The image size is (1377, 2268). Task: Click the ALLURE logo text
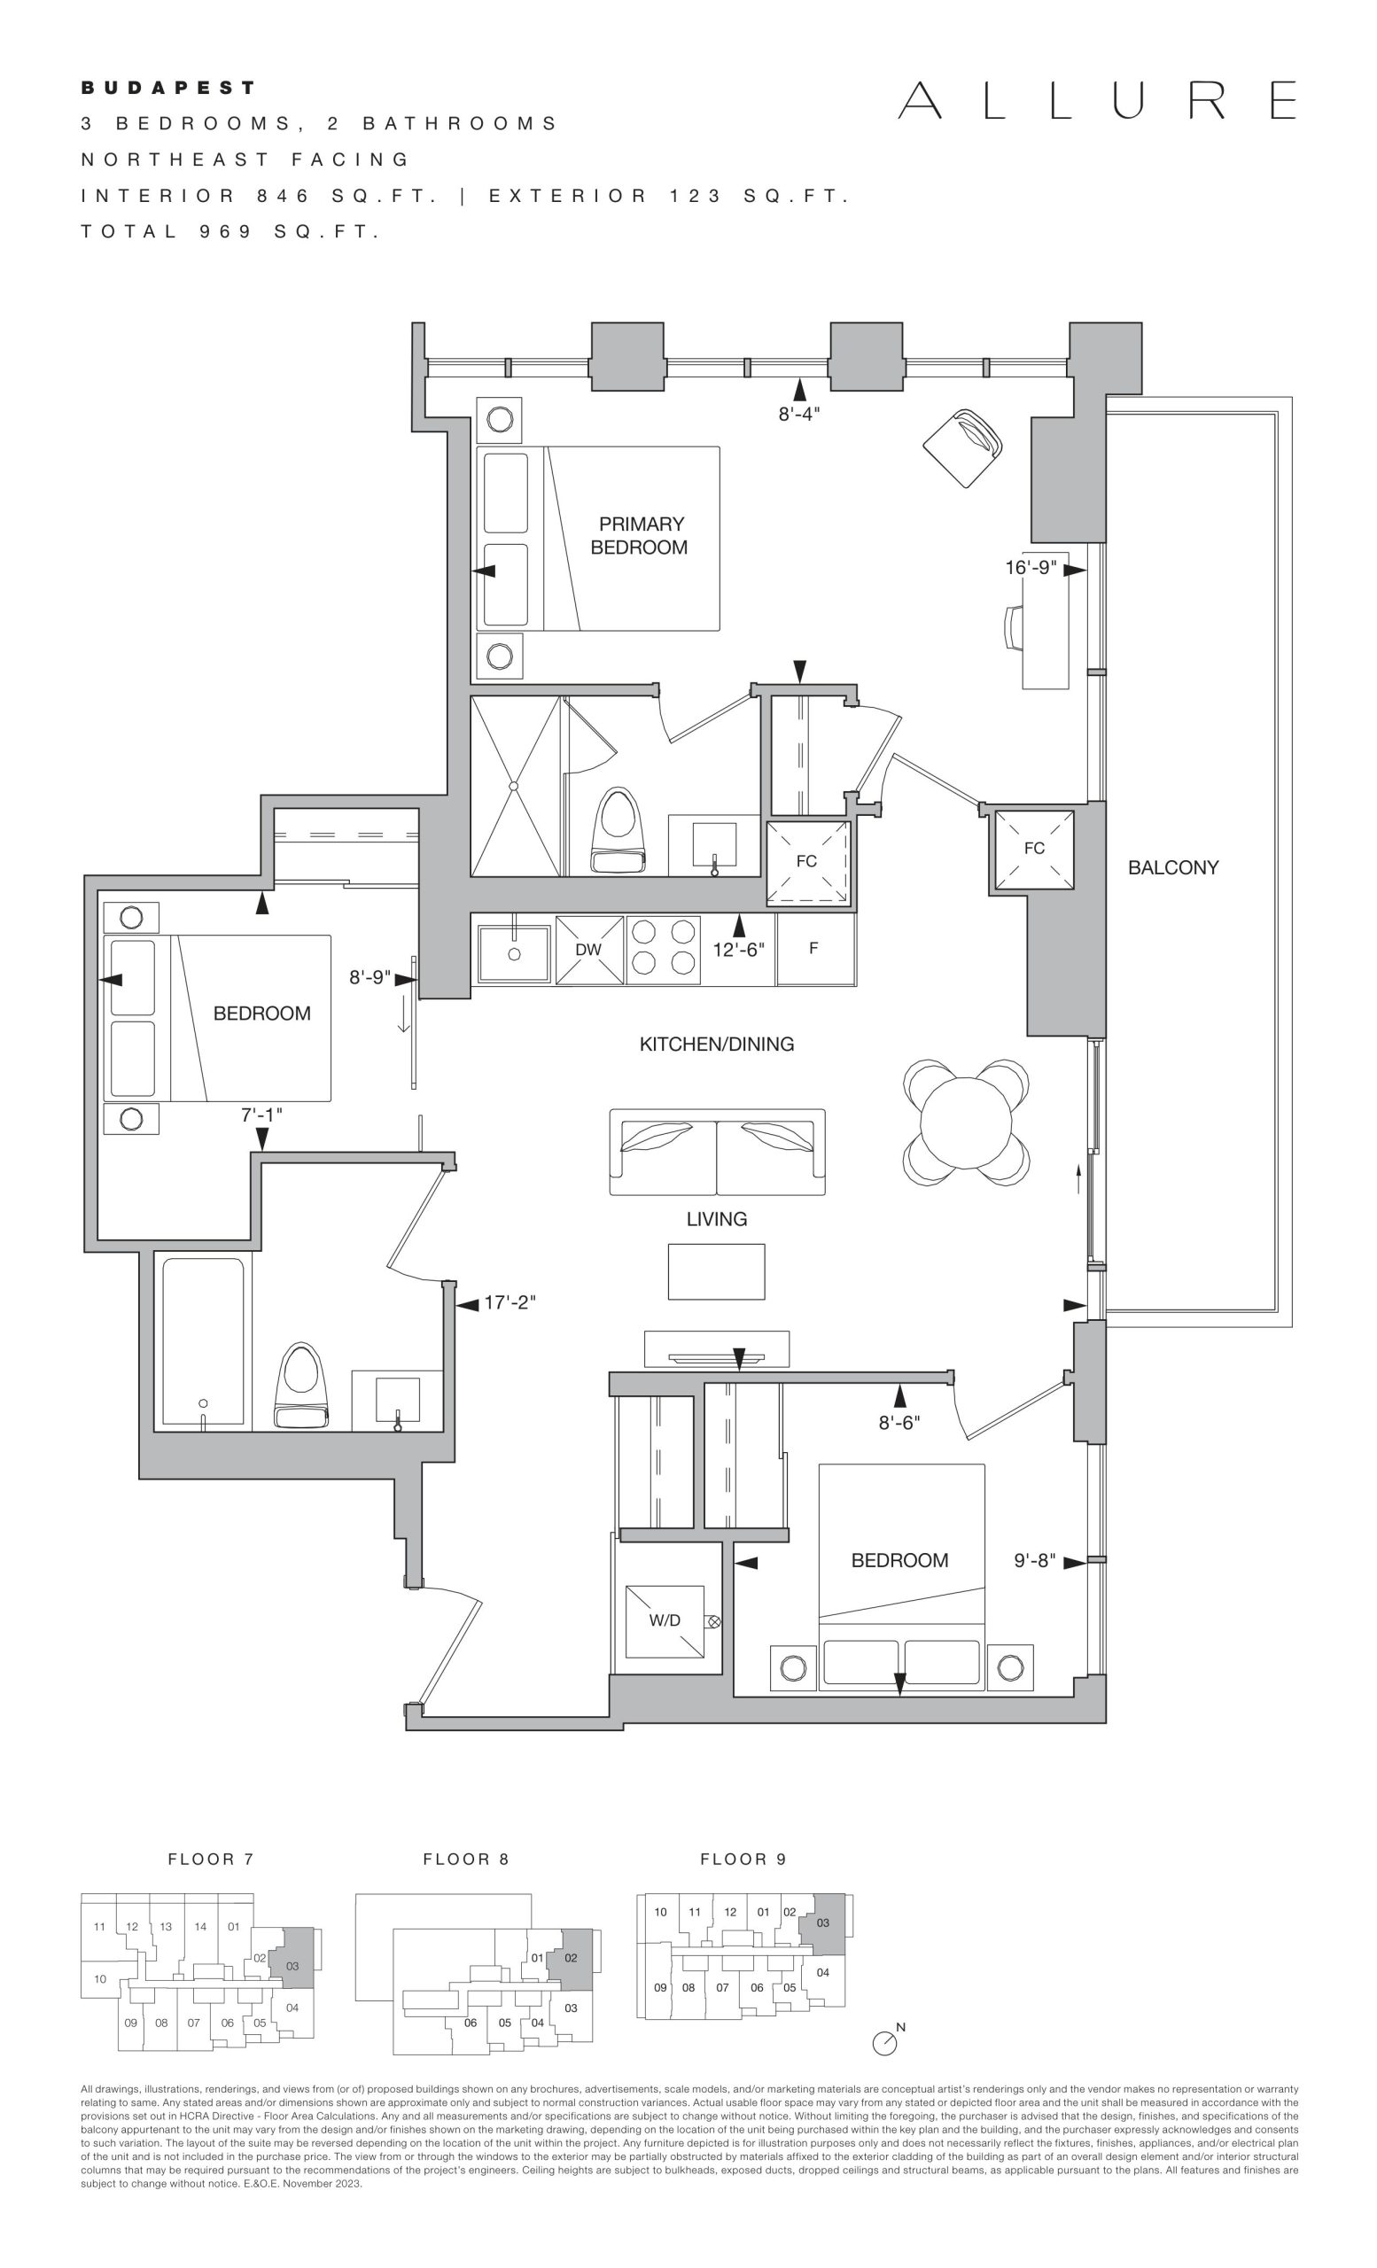tap(1097, 100)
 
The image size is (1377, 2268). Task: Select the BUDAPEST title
tap(168, 89)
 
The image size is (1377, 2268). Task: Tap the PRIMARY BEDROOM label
tap(641, 536)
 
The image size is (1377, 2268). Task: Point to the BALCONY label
tap(1172, 867)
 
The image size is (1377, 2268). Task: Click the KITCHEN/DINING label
tap(717, 1044)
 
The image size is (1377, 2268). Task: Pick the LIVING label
tap(717, 1219)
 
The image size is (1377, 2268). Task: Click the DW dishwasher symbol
tap(589, 949)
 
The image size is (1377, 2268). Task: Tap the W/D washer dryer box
tap(665, 1621)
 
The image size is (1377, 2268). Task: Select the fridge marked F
tap(815, 948)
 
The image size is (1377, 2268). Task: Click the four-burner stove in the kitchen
tap(663, 949)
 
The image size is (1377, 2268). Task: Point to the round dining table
tap(966, 1122)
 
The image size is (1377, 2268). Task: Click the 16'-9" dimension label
tap(1030, 568)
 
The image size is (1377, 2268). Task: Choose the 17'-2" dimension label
tap(510, 1302)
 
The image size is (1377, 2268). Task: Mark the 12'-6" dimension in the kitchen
tap(738, 949)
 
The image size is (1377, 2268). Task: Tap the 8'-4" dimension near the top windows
tap(799, 415)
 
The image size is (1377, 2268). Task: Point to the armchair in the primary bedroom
tap(963, 447)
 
